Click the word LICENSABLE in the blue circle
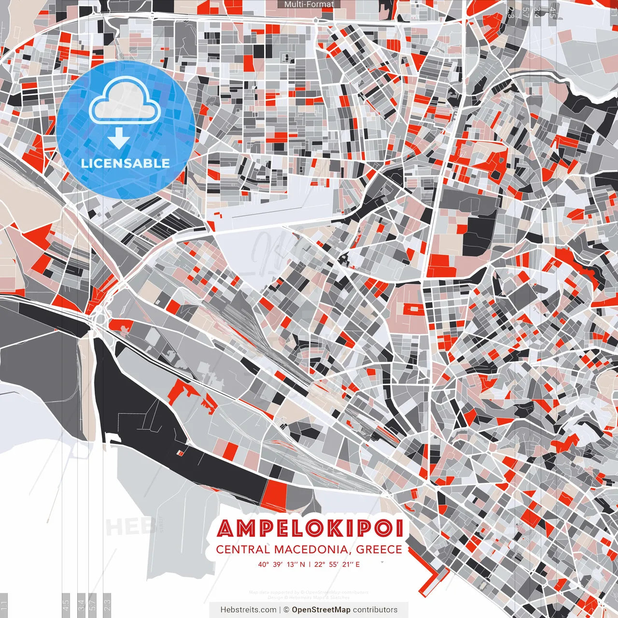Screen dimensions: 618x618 coord(126,163)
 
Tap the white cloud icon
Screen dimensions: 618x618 coord(125,100)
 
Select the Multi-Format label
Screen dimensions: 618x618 coord(309,4)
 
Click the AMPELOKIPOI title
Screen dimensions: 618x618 coord(310,529)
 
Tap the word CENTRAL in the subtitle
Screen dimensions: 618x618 coord(243,549)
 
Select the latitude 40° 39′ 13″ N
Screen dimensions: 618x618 coord(281,564)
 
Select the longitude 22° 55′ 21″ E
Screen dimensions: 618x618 coord(337,564)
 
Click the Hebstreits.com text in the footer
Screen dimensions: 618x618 coord(248,610)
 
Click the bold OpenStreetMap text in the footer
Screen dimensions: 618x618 coord(321,610)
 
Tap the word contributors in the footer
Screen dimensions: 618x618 coord(375,610)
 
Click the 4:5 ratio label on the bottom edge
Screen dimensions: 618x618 coord(66,604)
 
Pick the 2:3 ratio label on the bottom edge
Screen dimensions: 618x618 coord(107,604)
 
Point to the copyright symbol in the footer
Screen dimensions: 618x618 coord(286,610)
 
